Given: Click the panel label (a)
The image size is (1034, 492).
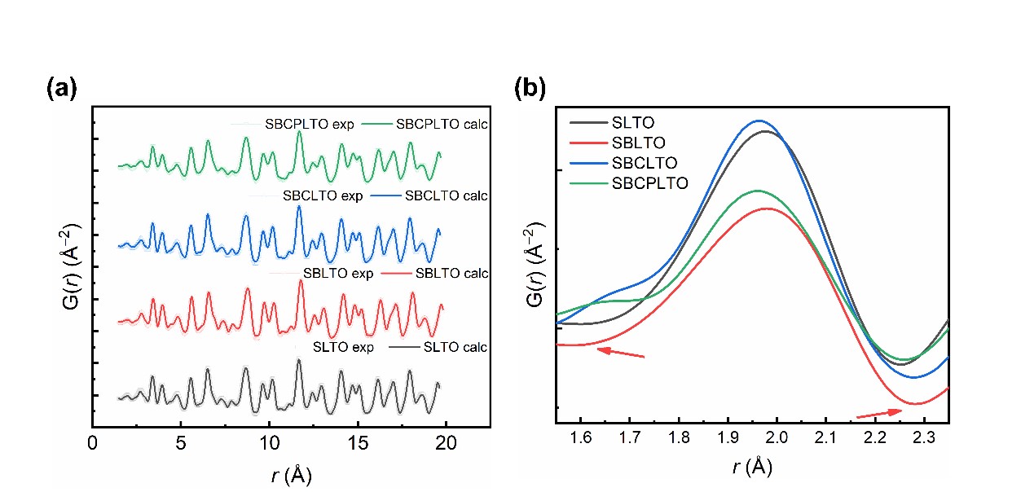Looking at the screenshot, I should [61, 88].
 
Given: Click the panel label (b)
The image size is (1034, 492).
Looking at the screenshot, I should [530, 87].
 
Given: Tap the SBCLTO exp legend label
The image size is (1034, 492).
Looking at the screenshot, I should [323, 196].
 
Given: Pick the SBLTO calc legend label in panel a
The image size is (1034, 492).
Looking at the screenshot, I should [451, 274].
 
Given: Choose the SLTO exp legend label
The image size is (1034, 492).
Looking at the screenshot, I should [343, 347].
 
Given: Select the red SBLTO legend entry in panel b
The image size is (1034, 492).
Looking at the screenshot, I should [638, 143].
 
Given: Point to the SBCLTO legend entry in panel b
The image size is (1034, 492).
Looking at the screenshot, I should [644, 163].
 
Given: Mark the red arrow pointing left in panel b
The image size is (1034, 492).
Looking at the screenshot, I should [620, 352].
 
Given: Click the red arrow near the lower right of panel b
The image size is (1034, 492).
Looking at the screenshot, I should [879, 414].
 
